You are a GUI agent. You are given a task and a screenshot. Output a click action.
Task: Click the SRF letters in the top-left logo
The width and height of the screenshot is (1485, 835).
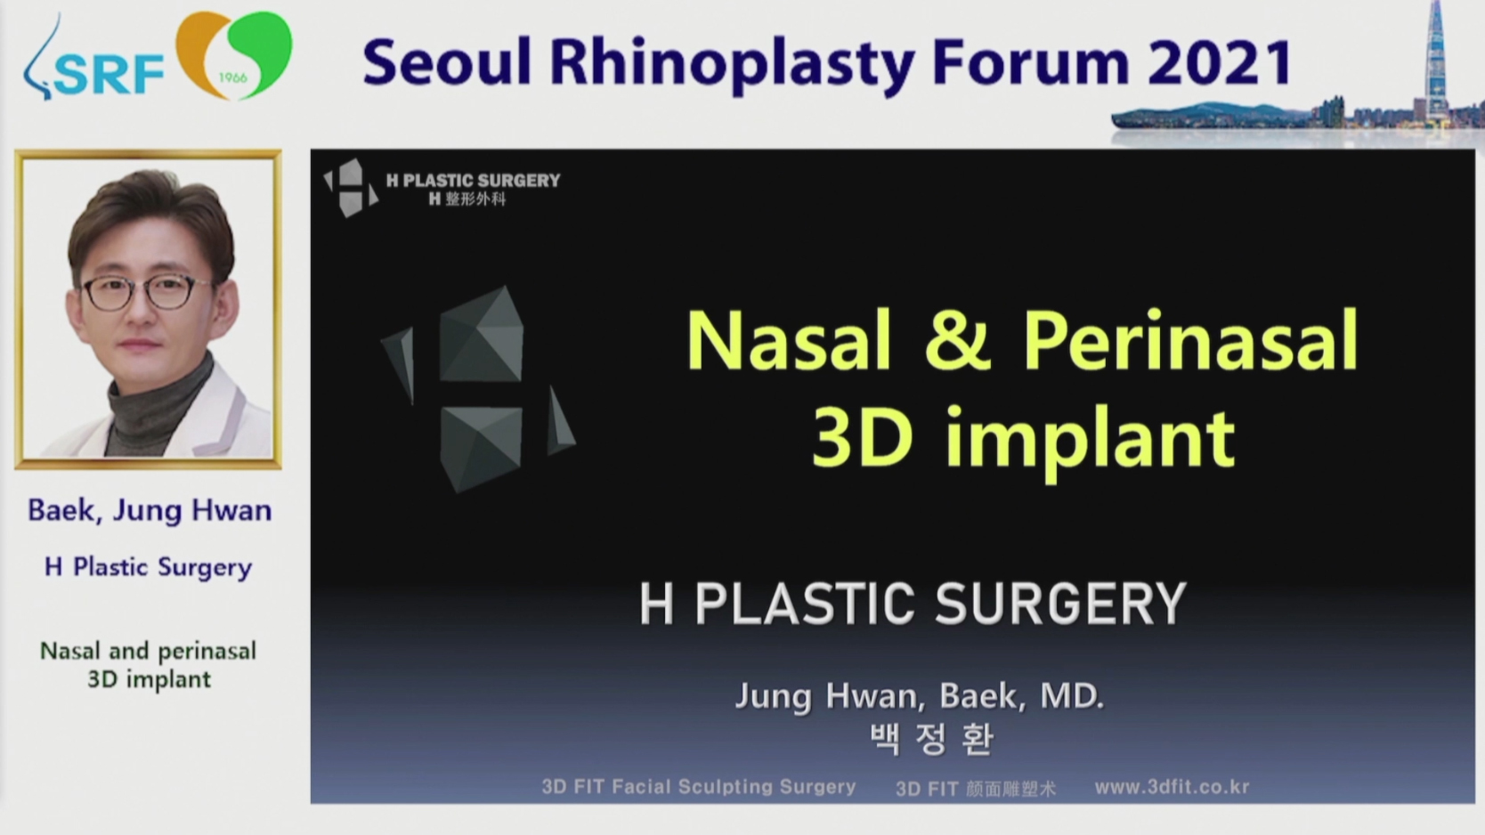tap(108, 74)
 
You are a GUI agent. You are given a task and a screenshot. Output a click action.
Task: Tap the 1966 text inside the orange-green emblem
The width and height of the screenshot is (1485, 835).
tap(232, 78)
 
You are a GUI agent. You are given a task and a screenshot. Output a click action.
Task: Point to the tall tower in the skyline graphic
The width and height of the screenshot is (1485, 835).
tap(1435, 60)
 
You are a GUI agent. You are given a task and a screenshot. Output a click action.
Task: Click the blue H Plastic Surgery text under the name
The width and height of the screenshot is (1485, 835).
tap(149, 568)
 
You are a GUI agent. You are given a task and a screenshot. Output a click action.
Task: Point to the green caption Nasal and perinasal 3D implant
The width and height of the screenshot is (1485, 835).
tap(149, 665)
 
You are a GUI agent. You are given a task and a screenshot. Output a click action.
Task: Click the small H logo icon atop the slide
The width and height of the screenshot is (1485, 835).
tap(350, 188)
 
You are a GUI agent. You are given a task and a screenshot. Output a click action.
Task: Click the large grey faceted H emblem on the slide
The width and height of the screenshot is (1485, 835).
tap(478, 390)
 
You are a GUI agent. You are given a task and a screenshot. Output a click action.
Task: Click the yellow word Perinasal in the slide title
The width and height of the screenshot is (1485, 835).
tap(1191, 341)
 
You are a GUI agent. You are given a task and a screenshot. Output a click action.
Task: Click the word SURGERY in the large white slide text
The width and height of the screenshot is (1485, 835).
tap(1060, 604)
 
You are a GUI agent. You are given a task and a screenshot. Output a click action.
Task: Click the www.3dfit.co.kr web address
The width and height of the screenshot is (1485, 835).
tap(1173, 787)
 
